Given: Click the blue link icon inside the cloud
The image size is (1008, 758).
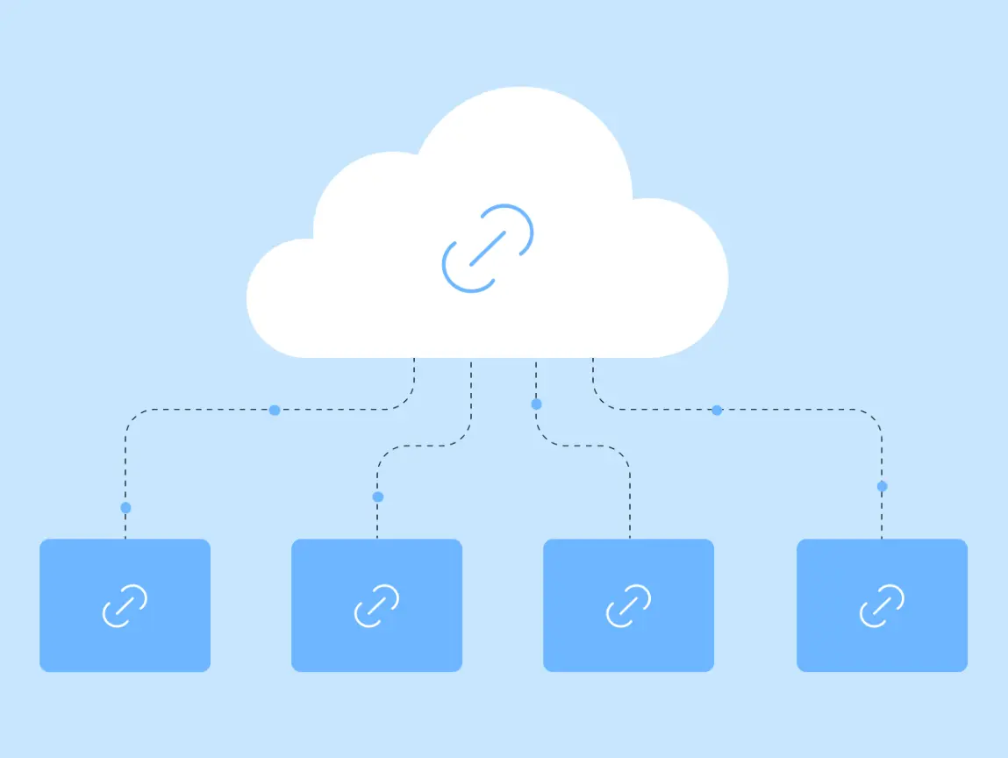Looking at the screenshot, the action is [x=488, y=248].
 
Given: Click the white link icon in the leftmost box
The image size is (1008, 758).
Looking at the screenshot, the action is [x=125, y=605].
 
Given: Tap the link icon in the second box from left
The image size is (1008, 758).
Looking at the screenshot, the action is [x=376, y=605].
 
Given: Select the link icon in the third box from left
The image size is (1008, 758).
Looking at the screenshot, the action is [x=628, y=605].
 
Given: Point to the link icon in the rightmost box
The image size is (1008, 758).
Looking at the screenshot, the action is [x=882, y=605].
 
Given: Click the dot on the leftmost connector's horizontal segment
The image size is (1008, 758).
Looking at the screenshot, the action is [x=275, y=410].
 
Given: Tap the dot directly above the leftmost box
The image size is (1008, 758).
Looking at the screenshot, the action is [x=125, y=508].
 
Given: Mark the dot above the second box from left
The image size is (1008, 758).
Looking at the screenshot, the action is [x=378, y=497].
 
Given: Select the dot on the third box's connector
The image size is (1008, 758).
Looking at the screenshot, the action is [x=537, y=404].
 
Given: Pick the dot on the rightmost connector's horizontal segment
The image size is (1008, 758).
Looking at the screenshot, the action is [x=717, y=410].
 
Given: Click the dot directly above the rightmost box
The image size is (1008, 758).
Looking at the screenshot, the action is [x=882, y=486].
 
